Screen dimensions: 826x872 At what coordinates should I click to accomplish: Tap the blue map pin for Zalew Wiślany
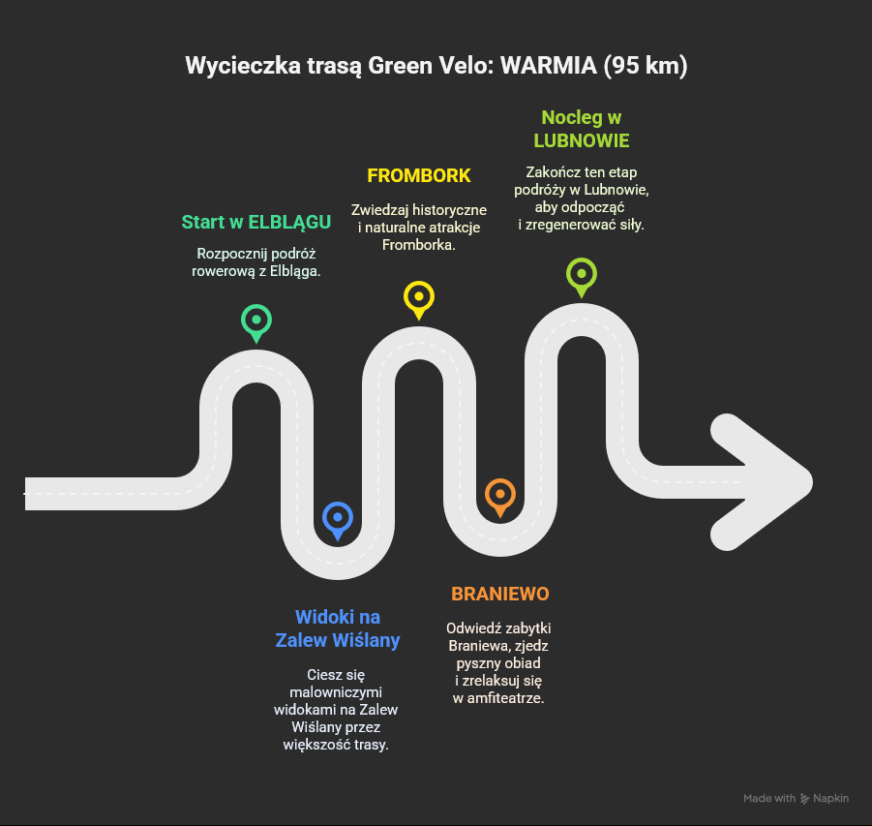pyautogui.click(x=337, y=518)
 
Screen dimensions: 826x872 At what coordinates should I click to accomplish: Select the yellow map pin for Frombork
pyautogui.click(x=418, y=296)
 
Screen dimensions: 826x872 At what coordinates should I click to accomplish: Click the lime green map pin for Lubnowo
pyautogui.click(x=581, y=274)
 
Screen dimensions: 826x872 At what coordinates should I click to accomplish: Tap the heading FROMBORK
pyautogui.click(x=419, y=175)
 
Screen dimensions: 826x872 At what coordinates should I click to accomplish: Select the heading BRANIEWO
pyautogui.click(x=500, y=594)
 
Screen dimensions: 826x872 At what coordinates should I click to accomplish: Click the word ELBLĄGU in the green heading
pyautogui.click(x=289, y=222)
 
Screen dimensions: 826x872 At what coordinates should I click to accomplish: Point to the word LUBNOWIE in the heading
pyautogui.click(x=582, y=140)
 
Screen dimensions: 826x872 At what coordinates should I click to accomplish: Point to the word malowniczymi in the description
pyautogui.click(x=337, y=692)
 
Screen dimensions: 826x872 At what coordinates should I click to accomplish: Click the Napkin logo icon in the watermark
pyautogui.click(x=805, y=799)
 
